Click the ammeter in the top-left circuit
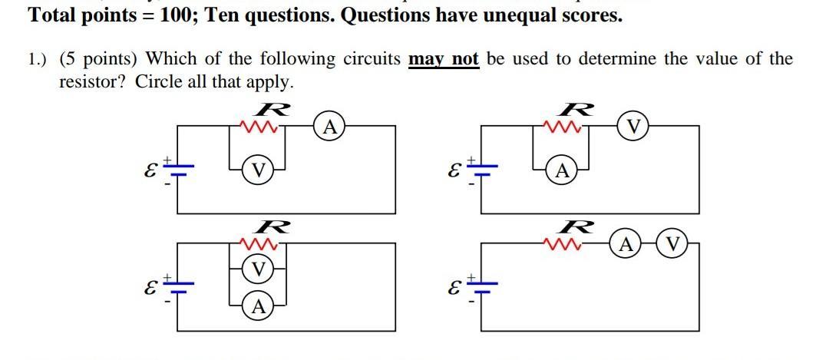coord(329,127)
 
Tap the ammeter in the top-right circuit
coord(562,170)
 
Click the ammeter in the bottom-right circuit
coord(626,245)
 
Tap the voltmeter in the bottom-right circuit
coord(672,245)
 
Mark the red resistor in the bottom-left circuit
coord(259,244)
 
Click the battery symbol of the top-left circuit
coord(179,167)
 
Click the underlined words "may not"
coord(444,60)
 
